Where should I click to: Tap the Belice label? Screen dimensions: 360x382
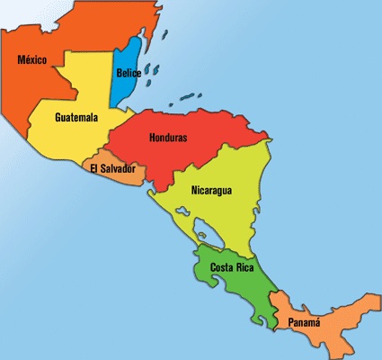point(128,74)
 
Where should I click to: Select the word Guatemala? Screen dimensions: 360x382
point(76,118)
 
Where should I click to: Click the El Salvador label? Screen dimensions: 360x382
point(112,168)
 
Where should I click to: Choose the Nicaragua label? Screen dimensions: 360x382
point(212,190)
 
